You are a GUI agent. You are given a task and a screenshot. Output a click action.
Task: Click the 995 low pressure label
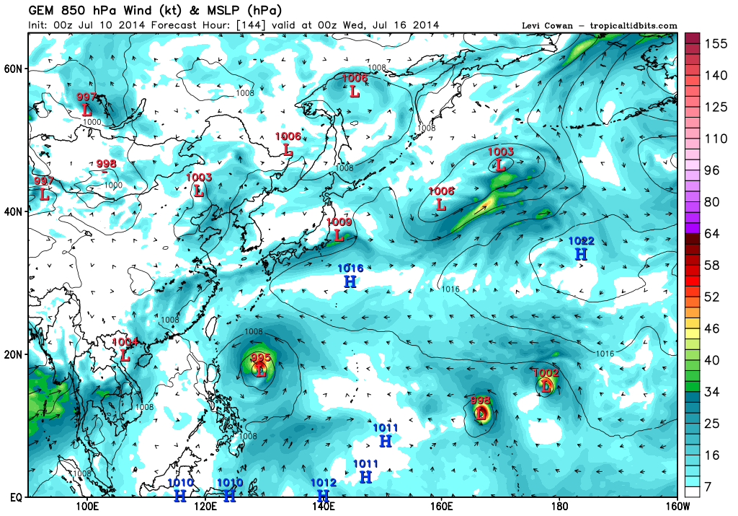260,358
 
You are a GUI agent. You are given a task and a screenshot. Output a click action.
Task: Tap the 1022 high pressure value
581,241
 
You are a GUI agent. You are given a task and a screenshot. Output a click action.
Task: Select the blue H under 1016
350,281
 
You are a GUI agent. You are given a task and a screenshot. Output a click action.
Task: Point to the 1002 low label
546,373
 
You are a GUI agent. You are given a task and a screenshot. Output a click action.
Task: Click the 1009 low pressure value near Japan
339,222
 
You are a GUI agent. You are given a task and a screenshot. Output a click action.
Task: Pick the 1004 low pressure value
125,342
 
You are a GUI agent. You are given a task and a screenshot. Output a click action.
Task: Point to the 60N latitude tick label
14,69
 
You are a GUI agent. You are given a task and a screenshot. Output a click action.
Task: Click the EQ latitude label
13,497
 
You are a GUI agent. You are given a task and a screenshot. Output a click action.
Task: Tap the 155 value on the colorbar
714,43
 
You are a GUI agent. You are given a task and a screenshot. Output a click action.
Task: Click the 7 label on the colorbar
708,488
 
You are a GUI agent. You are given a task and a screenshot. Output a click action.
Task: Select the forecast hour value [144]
252,25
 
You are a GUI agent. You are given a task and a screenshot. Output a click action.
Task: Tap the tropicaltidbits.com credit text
631,26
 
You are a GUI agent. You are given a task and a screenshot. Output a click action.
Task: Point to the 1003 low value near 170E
501,152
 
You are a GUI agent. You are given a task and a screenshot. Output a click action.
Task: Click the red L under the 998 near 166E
481,414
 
